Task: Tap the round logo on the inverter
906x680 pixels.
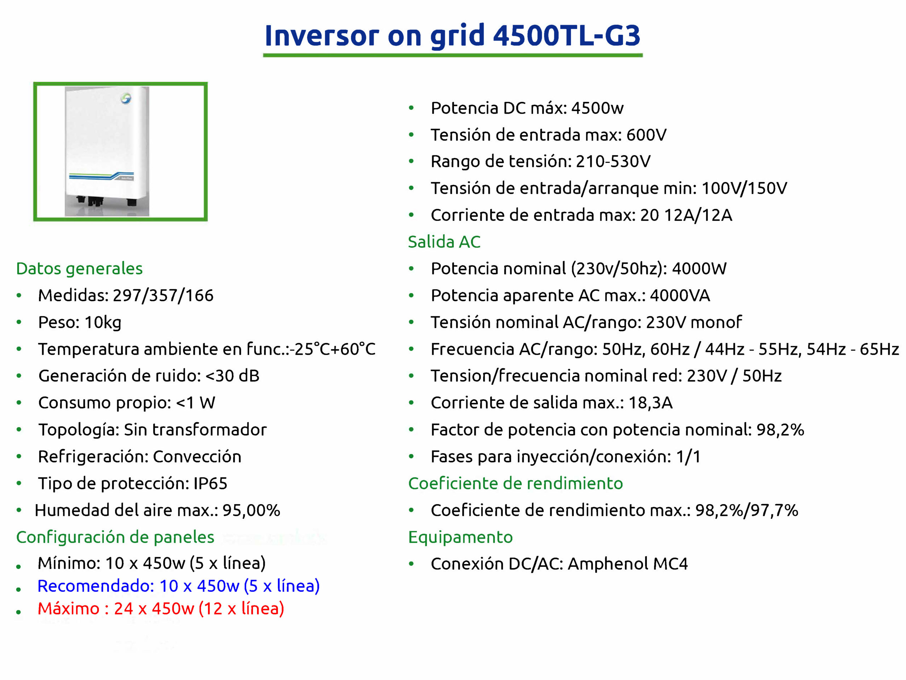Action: (126, 98)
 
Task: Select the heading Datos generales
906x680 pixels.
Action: (80, 269)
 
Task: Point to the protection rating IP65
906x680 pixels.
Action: (210, 484)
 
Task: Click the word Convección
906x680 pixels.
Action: (197, 456)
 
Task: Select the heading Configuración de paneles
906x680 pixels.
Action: (115, 537)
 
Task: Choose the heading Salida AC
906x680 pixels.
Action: (444, 242)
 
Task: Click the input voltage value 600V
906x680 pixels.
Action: (646, 135)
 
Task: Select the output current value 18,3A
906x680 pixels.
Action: (650, 403)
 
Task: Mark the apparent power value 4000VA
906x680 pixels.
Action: (680, 295)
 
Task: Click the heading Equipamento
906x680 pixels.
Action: (460, 537)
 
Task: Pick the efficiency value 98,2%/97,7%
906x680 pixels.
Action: (747, 510)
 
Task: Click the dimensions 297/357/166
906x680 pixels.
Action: (163, 295)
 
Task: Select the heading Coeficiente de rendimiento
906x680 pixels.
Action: (515, 484)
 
